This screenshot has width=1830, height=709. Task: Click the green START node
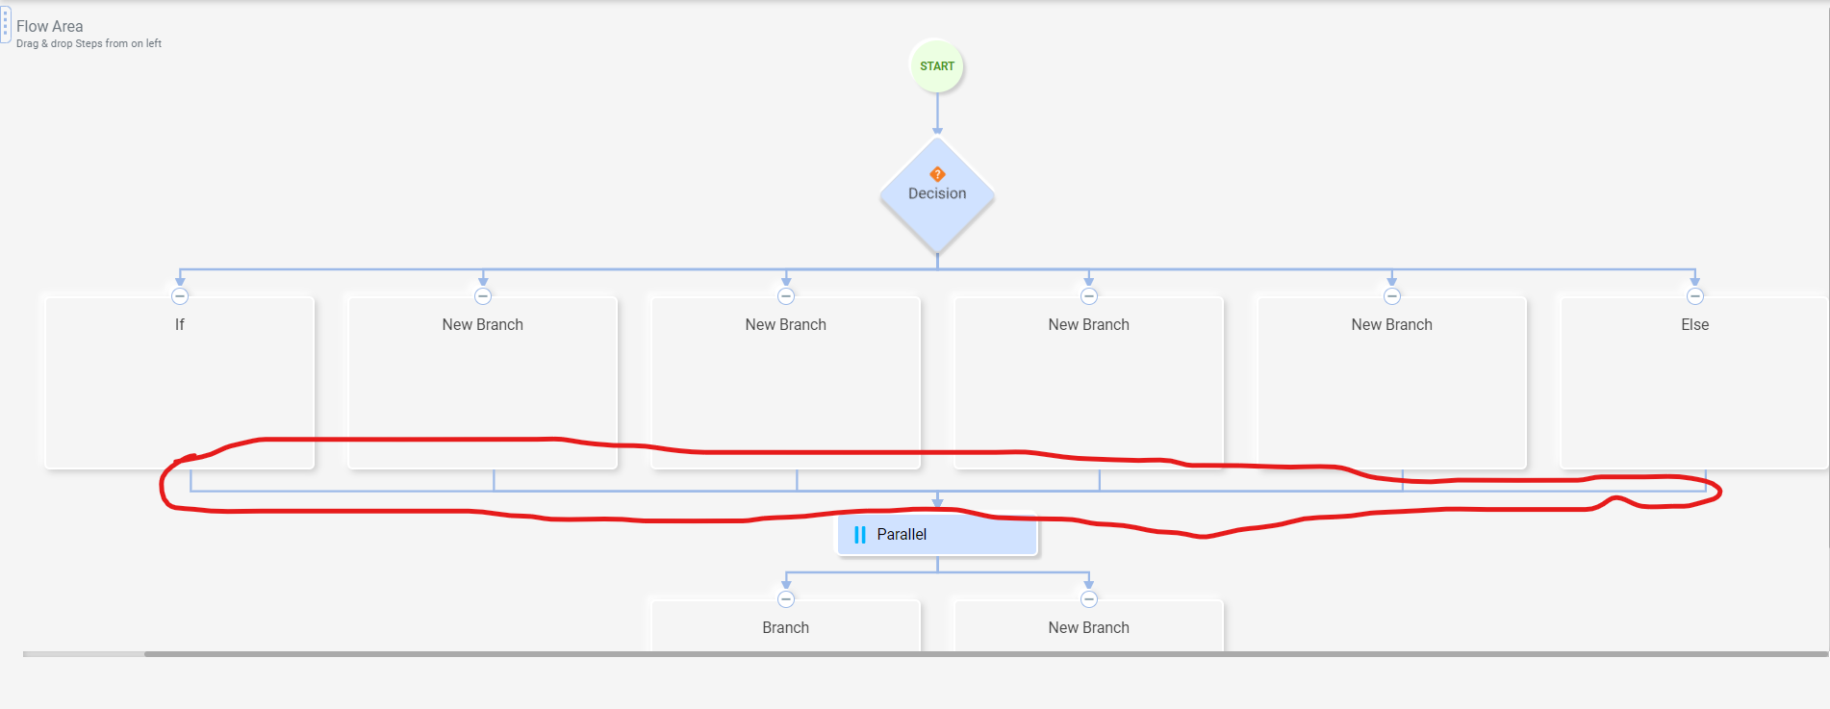936,66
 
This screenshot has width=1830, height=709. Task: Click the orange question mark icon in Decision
937,174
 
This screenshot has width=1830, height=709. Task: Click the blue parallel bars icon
860,535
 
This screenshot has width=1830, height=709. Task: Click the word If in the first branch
179,325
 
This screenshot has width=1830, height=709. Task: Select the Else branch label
1694,325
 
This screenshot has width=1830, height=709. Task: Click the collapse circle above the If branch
180,296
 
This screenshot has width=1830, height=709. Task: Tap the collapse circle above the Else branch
1695,296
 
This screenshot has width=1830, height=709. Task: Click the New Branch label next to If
482,325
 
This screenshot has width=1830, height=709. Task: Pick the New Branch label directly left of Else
1391,325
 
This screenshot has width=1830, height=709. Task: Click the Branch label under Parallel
785,628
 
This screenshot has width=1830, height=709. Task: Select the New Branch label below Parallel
1088,628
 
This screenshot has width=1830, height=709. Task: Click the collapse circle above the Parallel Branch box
786,599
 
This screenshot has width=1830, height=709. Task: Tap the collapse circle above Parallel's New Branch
1089,599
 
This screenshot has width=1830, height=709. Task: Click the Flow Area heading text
49,26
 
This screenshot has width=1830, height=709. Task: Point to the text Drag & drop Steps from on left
89,43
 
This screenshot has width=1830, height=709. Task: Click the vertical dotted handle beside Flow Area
5,24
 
